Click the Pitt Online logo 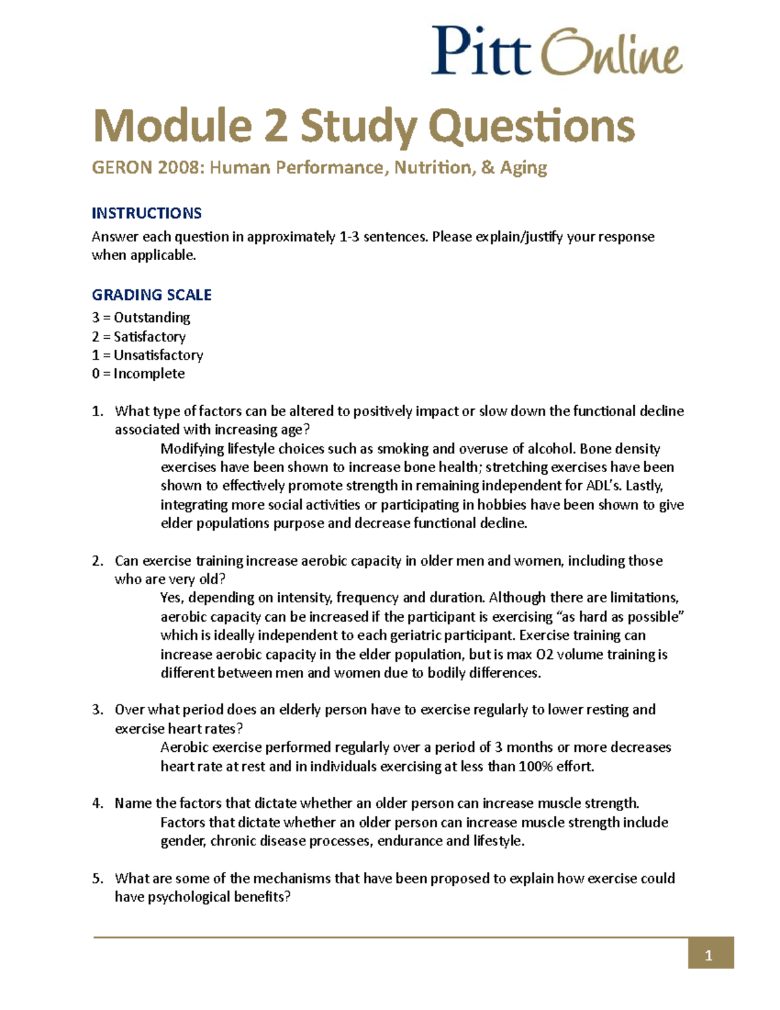[x=556, y=51]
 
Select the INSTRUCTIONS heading [x=146, y=213]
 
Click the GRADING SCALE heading [x=151, y=295]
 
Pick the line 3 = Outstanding [x=141, y=317]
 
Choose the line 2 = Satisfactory [x=138, y=336]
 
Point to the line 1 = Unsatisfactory [x=148, y=355]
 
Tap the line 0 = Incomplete [x=138, y=373]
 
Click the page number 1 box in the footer [x=710, y=955]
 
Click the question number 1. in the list [x=97, y=411]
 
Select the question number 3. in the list [x=97, y=710]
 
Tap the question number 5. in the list [x=97, y=879]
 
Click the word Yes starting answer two [x=172, y=598]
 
